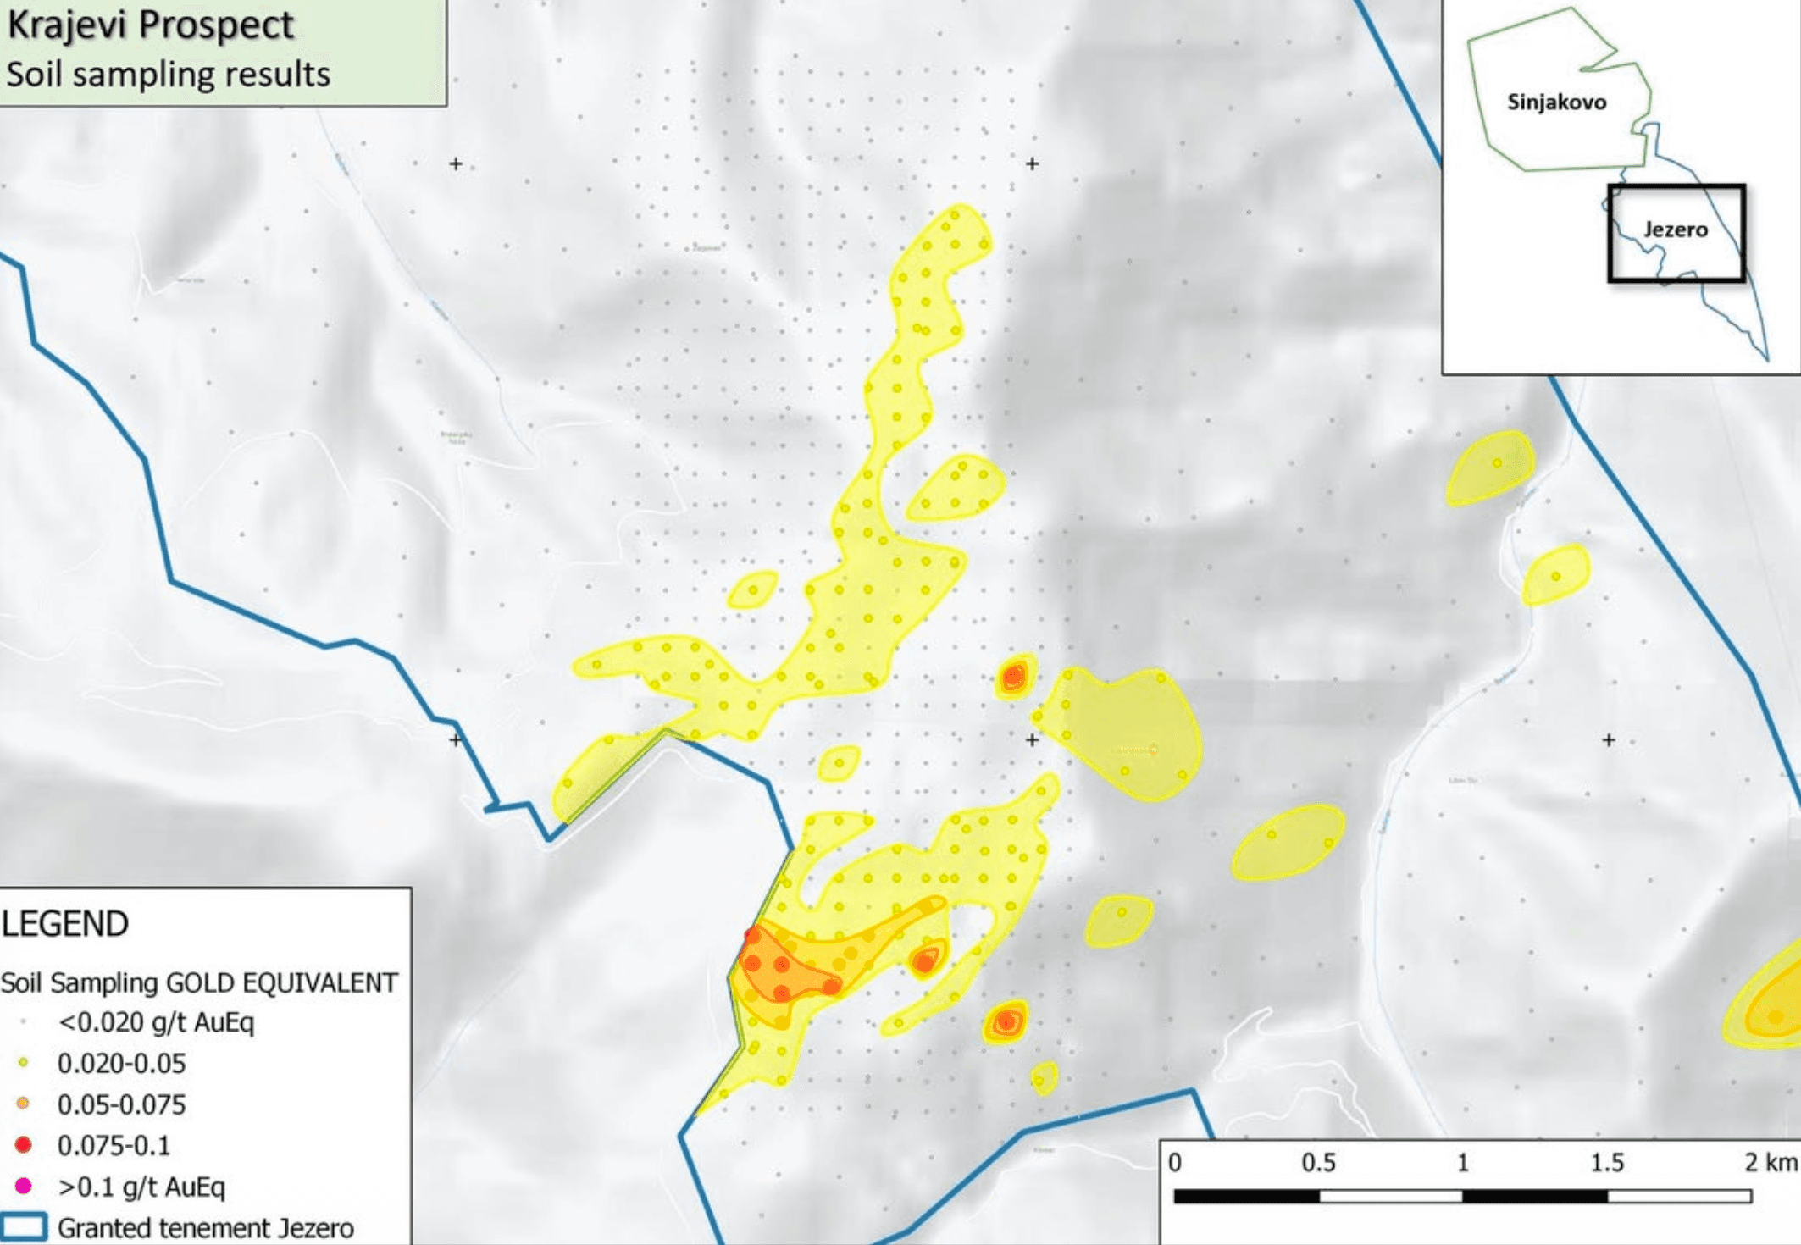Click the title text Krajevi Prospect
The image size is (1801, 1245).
tap(150, 25)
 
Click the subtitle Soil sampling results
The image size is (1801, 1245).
tap(168, 75)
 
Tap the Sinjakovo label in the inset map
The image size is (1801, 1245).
tap(1556, 102)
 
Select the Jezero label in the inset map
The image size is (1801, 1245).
tap(1675, 230)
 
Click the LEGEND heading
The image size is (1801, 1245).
tap(65, 923)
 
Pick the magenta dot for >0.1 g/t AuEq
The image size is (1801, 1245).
tap(24, 1186)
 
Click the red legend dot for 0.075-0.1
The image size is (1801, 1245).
tap(24, 1145)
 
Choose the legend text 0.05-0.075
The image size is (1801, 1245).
tap(121, 1104)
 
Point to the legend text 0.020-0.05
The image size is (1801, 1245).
tap(121, 1063)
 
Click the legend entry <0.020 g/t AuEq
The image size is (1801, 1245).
tap(156, 1022)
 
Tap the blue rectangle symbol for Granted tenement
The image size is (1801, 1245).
tap(24, 1227)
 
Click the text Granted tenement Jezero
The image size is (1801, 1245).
tap(206, 1227)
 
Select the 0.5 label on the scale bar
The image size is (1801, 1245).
tap(1318, 1163)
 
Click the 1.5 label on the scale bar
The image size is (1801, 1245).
tap(1606, 1163)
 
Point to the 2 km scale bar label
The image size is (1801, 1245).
tap(1769, 1163)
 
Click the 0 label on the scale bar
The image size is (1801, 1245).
tap(1175, 1163)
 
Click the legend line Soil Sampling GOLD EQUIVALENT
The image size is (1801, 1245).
tap(199, 982)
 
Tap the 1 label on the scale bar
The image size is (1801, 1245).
tap(1462, 1163)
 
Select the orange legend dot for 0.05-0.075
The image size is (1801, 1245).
tap(24, 1104)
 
